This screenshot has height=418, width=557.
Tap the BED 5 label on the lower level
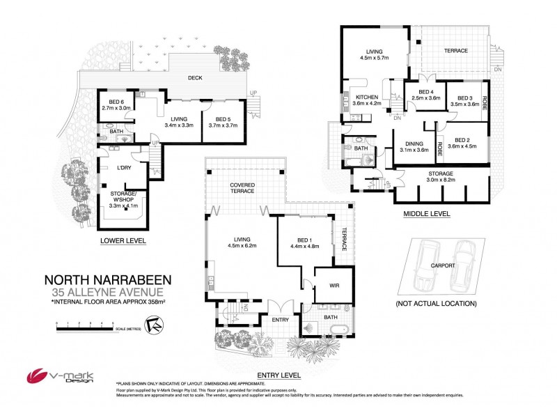(222, 119)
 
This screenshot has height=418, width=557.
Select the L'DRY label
(125, 169)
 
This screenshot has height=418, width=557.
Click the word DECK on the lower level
(194, 77)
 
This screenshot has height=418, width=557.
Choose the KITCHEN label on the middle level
(367, 97)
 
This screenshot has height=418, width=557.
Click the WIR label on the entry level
(324, 286)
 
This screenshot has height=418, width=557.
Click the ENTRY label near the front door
(281, 320)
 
